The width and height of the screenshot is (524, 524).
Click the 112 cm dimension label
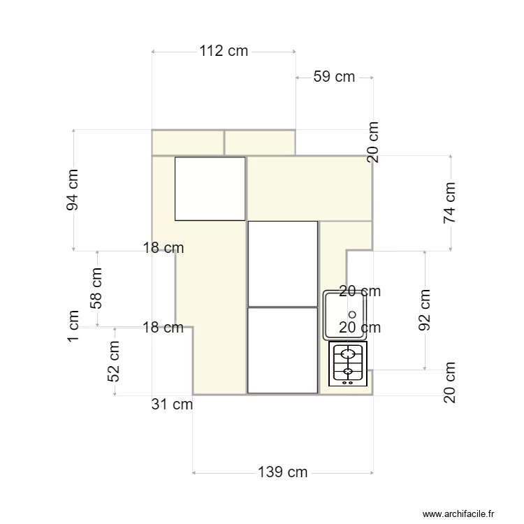(224, 51)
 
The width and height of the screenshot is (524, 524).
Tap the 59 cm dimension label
(334, 77)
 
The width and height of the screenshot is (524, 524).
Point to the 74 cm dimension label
(451, 203)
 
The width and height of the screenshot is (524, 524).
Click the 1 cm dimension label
(73, 326)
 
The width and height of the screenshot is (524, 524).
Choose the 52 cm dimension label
(115, 361)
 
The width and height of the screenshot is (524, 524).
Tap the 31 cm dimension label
(172, 404)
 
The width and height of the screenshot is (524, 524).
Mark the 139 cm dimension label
(283, 472)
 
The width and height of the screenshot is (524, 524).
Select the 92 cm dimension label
(425, 309)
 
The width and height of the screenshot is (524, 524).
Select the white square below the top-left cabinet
(210, 189)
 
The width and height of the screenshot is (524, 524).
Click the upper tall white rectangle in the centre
(283, 263)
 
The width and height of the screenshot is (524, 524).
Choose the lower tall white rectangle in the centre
(283, 350)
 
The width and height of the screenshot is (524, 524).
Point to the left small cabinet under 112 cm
(188, 142)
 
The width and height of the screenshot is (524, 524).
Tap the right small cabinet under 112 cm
(259, 142)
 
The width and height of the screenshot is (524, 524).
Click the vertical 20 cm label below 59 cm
(374, 143)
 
